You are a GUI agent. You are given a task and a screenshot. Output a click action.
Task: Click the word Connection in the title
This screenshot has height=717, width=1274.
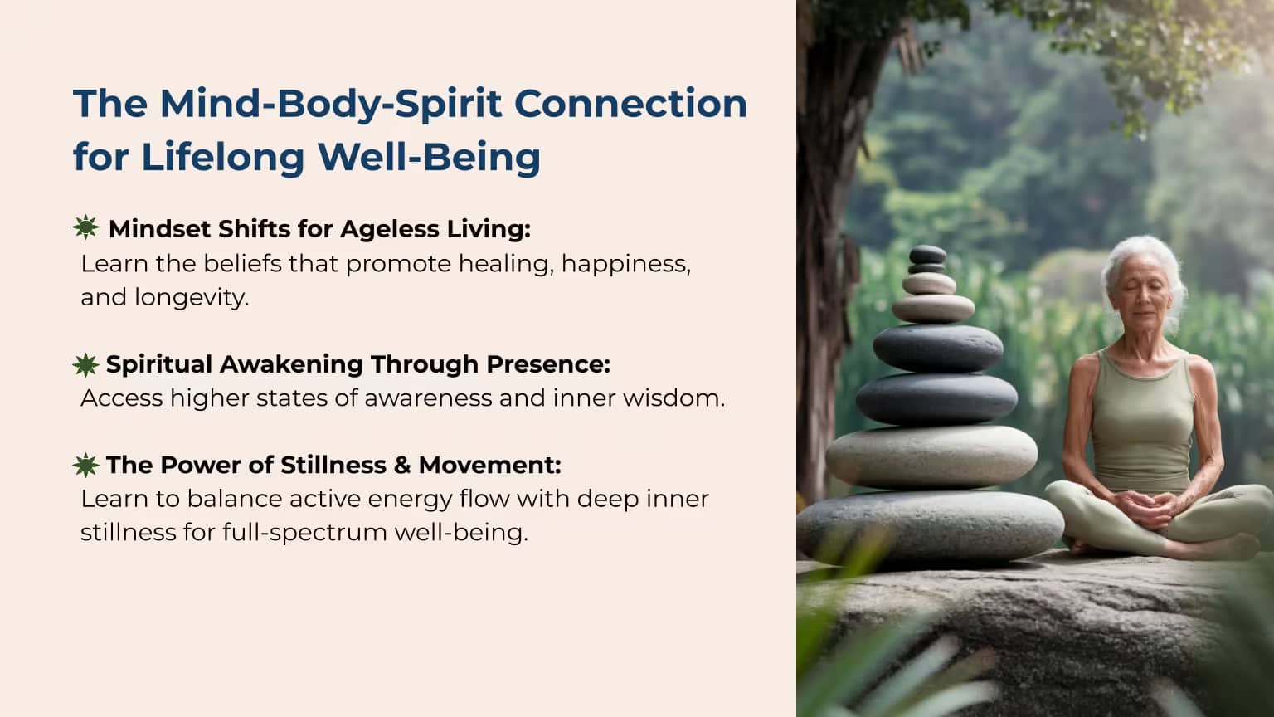tap(630, 103)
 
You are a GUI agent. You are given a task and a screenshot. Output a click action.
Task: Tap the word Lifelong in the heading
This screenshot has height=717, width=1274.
tap(223, 157)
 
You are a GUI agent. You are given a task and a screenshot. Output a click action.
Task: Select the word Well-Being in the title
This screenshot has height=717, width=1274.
tap(430, 157)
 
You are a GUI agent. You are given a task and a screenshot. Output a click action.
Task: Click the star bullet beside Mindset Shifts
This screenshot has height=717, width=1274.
tap(86, 227)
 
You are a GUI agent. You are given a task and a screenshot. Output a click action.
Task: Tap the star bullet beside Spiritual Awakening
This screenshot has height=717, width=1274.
tap(86, 365)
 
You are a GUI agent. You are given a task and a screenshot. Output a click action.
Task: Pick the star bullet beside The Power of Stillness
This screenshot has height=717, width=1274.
tap(86, 465)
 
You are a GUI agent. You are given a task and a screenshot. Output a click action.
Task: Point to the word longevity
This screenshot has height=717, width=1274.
tap(192, 298)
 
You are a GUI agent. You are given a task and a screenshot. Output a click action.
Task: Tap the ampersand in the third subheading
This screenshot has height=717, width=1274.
tap(401, 465)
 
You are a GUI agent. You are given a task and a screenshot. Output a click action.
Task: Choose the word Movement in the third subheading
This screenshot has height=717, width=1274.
tap(489, 465)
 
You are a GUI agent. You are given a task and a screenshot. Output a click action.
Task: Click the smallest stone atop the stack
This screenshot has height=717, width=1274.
tap(927, 254)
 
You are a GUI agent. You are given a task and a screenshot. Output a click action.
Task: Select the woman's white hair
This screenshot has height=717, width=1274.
tap(1144, 273)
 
